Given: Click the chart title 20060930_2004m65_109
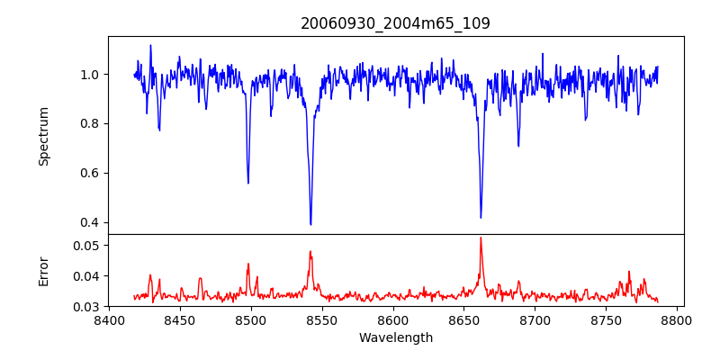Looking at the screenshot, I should tap(395, 23).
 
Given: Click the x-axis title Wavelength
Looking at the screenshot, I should tap(395, 338).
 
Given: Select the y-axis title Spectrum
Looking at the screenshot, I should tap(43, 136).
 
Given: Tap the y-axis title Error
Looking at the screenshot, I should tap(43, 271).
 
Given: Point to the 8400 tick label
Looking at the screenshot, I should tap(109, 319).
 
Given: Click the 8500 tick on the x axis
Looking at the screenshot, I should tap(250, 319).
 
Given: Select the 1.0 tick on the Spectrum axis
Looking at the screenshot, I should tap(91, 75).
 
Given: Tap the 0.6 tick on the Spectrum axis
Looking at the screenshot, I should tap(91, 173).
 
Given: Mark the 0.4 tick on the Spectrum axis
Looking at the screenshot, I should tap(91, 222).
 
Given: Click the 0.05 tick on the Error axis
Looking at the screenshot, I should tap(87, 245).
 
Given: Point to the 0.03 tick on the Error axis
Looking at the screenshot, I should tap(87, 307).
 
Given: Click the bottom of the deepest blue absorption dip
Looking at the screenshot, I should tap(310, 224).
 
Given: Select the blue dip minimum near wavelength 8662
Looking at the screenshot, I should tap(481, 217).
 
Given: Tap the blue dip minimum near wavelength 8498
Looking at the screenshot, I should tap(248, 183).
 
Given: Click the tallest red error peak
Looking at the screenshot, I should tap(481, 238).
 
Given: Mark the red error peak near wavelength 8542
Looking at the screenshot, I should tap(310, 252).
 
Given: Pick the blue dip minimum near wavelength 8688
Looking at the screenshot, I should tap(518, 146).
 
